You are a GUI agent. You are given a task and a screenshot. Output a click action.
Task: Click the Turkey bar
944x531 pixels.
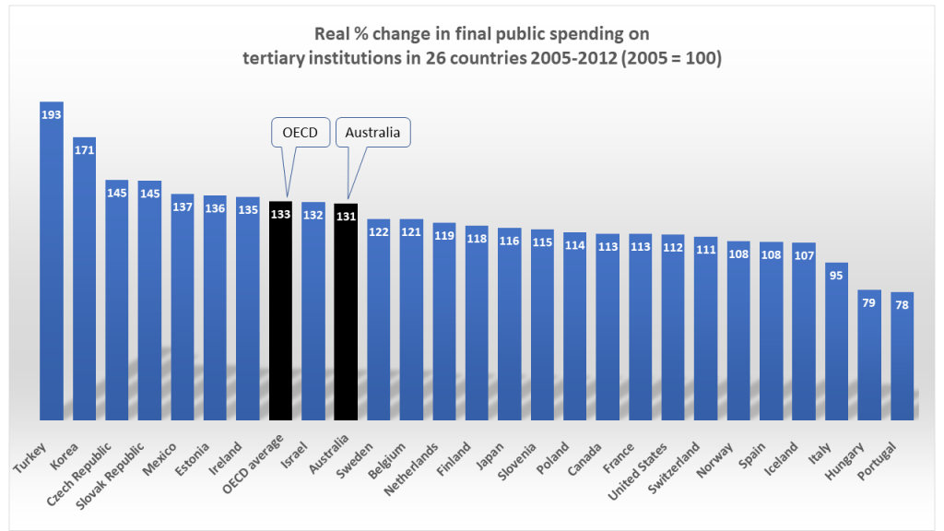click(x=52, y=267)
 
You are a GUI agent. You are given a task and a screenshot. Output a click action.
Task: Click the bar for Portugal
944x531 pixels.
click(x=903, y=360)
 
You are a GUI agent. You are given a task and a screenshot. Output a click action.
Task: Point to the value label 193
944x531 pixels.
click(x=52, y=113)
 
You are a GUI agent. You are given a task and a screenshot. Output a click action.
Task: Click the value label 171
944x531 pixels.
click(x=85, y=149)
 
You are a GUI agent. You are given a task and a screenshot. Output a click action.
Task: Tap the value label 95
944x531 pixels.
click(x=837, y=275)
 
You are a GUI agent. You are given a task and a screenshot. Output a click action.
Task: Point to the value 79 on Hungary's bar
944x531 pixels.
click(x=869, y=301)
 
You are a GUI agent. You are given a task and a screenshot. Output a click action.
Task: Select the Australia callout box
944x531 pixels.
click(x=372, y=132)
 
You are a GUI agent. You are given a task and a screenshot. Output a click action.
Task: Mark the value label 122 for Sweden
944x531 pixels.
click(x=379, y=230)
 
